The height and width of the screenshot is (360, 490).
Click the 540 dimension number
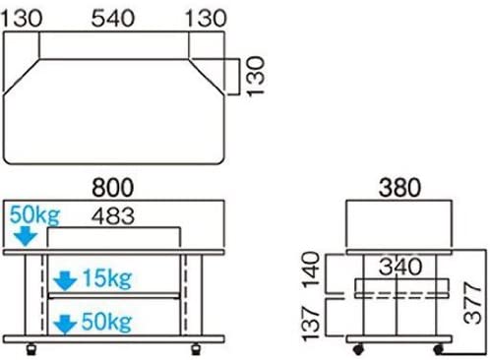[x=113, y=19]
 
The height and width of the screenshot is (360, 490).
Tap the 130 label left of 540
[x=22, y=19]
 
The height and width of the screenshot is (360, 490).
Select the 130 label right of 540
[x=206, y=19]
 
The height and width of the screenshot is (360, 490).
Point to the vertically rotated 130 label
[x=255, y=77]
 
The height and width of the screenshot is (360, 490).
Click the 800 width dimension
[x=113, y=188]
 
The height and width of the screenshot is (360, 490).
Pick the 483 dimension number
[x=113, y=216]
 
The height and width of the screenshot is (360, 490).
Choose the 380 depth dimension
[x=399, y=188]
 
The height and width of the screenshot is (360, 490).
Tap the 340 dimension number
[x=400, y=267]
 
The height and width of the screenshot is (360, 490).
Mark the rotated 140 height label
[x=311, y=270]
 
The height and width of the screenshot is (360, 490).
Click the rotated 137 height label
[x=311, y=324]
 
